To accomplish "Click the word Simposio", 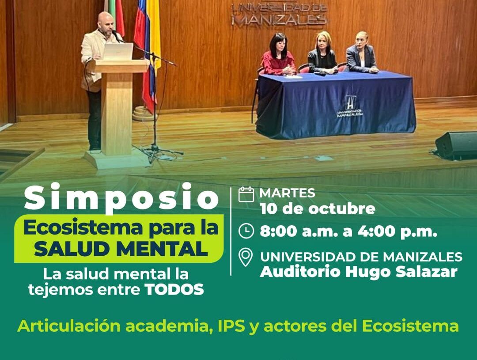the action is [121, 197].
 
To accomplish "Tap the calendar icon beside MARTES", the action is [246, 194].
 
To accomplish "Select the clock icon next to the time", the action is [246, 231].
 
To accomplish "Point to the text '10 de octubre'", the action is [317, 209].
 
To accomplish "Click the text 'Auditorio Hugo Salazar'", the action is [359, 272].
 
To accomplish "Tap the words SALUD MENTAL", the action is [121, 249].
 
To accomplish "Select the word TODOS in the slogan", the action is [174, 289].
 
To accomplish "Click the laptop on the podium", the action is [118, 51].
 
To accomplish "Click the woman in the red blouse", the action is [278, 55].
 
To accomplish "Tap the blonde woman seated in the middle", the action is [322, 53].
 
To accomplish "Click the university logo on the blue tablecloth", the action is [350, 106].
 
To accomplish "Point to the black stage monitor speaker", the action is [456, 145].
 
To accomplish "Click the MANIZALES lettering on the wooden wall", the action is [279, 20].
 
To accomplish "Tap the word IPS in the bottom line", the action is [231, 326].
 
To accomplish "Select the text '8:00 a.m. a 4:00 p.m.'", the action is [348, 231].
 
